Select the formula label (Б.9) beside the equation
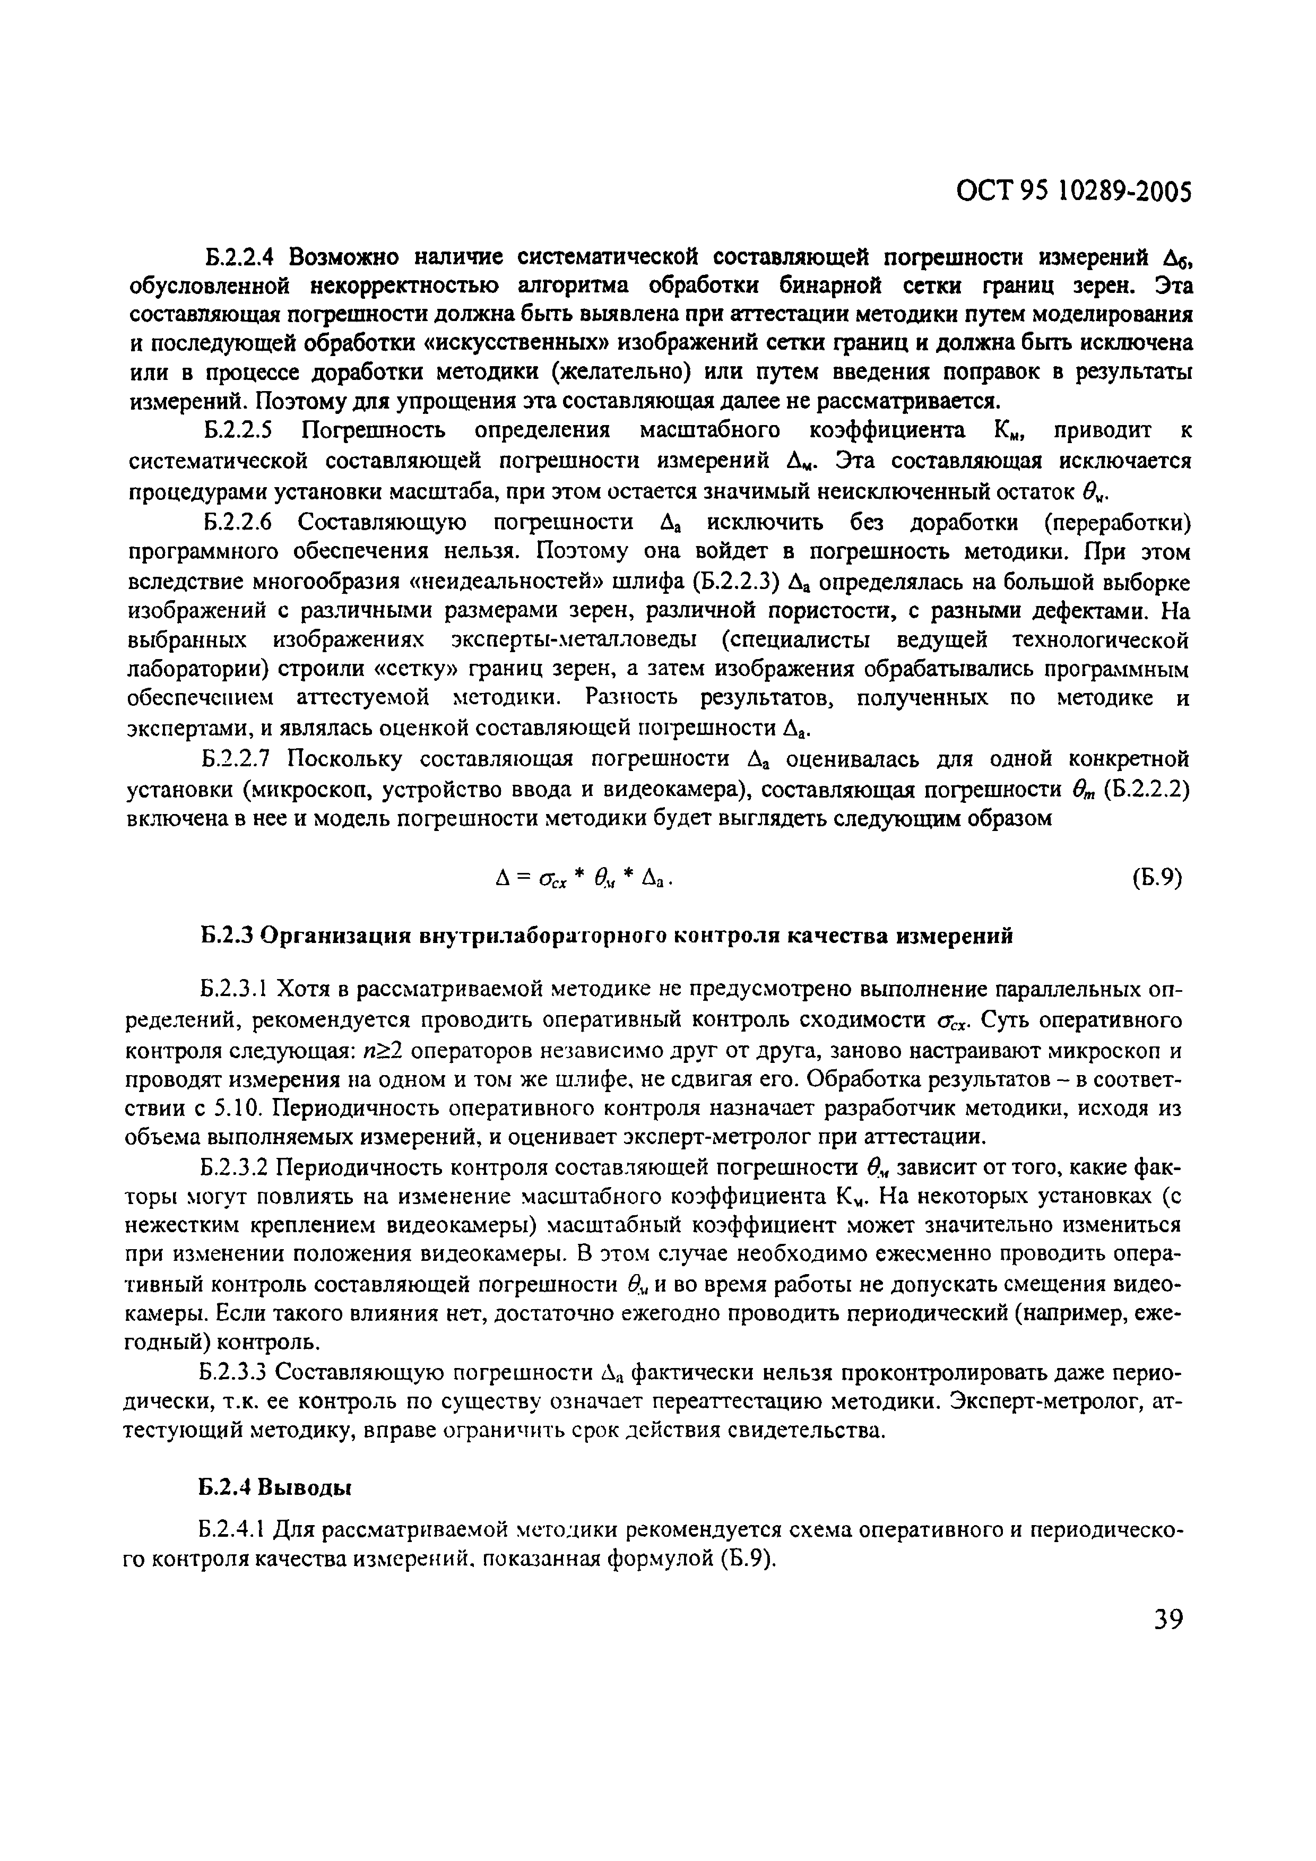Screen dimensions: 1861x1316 click(1158, 877)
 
